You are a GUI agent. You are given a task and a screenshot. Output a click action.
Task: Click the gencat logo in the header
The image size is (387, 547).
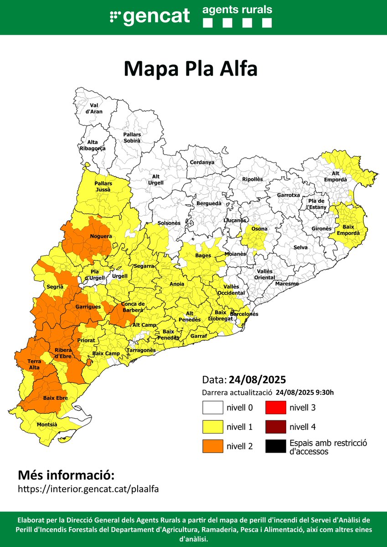coord(150,17)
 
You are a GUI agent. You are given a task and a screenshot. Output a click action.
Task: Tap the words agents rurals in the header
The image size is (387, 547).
coord(237,9)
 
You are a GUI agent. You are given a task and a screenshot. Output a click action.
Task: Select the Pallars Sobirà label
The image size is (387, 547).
coord(132,138)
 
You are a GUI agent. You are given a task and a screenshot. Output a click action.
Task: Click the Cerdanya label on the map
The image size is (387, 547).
coord(202,162)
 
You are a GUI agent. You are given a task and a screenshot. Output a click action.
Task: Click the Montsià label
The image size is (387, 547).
coord(47,424)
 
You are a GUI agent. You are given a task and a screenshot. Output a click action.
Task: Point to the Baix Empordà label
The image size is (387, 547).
coord(348,230)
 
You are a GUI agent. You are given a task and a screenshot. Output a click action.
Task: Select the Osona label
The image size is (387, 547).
coord(260,229)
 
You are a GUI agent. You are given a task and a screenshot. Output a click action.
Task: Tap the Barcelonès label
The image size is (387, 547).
coord(244,314)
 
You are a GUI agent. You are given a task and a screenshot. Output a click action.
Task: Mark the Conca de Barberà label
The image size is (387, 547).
coord(132,307)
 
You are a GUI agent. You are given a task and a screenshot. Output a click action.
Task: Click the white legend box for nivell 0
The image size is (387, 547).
coord(212,408)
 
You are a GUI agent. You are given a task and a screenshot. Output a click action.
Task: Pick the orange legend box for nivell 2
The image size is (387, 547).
coord(212,446)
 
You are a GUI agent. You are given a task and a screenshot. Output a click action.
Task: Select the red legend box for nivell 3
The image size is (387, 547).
coord(275,408)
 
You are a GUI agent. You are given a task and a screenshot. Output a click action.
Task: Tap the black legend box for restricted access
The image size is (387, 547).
coord(275,446)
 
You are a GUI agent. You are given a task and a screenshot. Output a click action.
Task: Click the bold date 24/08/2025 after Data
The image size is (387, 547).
coord(258,380)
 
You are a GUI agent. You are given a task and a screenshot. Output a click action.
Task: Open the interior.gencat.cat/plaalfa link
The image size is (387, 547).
coord(88,489)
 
